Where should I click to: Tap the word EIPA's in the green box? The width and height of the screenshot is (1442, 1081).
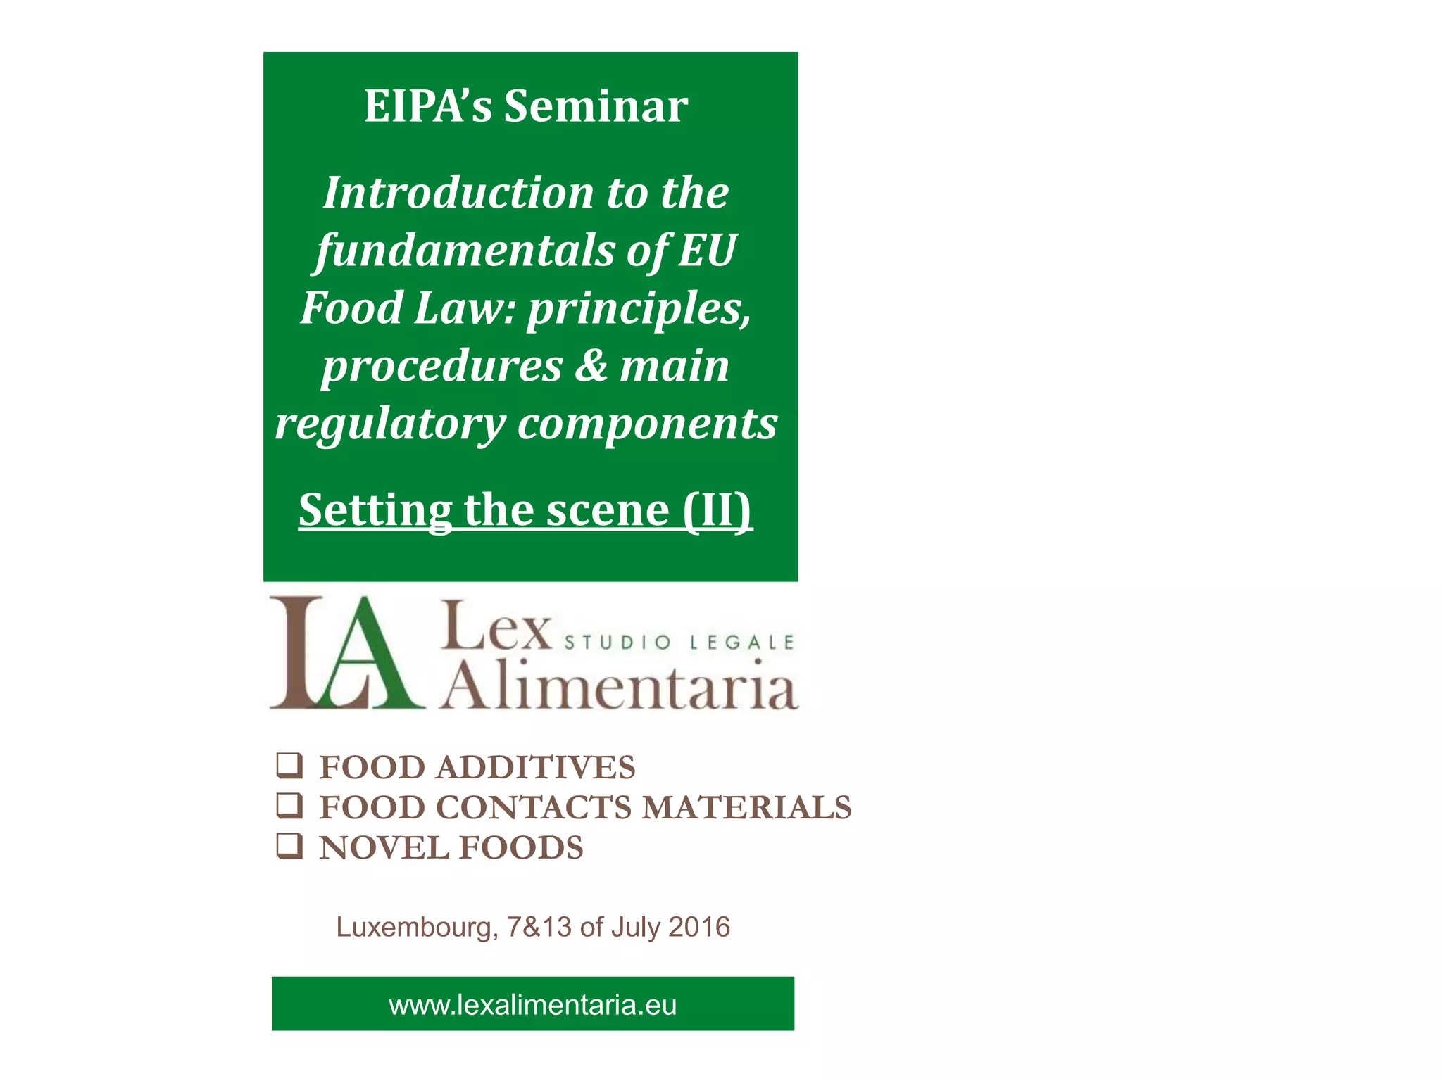click(x=427, y=107)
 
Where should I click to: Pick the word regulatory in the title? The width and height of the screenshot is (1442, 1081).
click(x=390, y=424)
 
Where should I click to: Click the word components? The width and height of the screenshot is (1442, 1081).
click(x=648, y=424)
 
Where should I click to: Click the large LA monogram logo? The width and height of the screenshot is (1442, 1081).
click(x=346, y=652)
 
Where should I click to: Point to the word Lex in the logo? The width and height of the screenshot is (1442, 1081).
click(x=496, y=626)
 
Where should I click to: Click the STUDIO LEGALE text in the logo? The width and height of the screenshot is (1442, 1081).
click(x=679, y=642)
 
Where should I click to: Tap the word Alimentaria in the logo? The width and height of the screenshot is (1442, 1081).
click(x=620, y=686)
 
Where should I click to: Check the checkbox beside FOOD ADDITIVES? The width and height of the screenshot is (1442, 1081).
click(x=289, y=765)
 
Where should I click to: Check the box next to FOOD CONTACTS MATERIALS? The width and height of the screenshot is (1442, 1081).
click(x=289, y=805)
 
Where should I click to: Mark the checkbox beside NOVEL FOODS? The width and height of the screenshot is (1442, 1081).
click(x=289, y=845)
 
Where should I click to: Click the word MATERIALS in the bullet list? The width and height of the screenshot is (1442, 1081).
click(x=746, y=807)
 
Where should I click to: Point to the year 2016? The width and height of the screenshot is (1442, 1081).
click(x=699, y=927)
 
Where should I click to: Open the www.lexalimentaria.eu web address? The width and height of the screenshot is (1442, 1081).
click(x=532, y=1004)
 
